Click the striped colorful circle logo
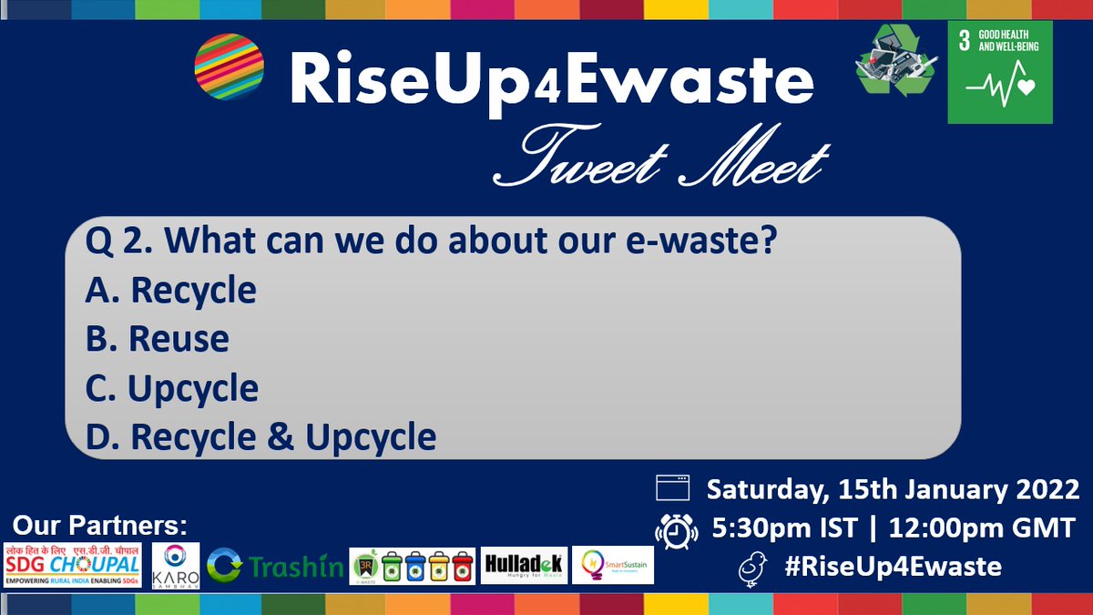coord(230,67)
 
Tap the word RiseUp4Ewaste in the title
coord(551,79)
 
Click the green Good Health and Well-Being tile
coord(999,72)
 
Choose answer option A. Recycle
coord(171,291)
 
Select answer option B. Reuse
coord(158,339)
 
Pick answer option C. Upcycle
coord(172,389)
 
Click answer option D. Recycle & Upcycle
coord(260,437)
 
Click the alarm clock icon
coord(673,529)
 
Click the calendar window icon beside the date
coord(673,489)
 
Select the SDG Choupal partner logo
coord(73,565)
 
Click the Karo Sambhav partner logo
coord(175,565)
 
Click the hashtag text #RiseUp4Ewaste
coord(893,567)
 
